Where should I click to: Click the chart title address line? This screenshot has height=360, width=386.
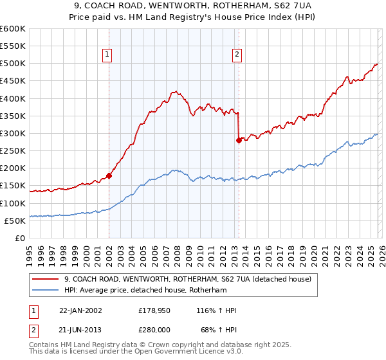point(192,6)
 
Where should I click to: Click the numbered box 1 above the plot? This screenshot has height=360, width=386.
point(107,55)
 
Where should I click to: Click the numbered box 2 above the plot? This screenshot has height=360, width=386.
point(237,55)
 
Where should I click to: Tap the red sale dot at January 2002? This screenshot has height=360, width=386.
point(109,175)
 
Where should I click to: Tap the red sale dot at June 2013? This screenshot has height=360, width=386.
point(239,140)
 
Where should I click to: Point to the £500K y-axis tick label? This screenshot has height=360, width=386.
point(12,64)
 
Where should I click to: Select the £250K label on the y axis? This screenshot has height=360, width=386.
point(12,151)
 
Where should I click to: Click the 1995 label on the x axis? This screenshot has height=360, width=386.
point(30,252)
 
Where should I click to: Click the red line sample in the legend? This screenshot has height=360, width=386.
point(47,279)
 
